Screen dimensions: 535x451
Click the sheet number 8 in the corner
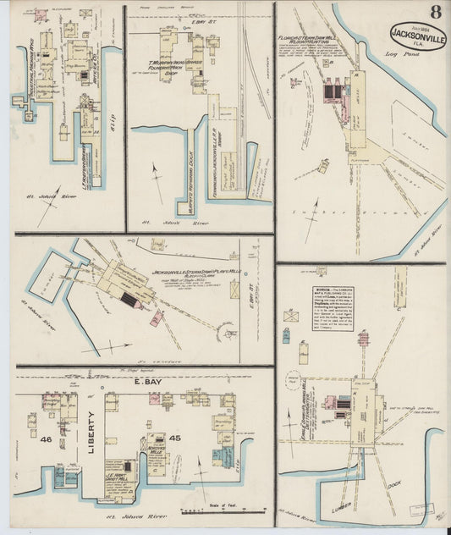coord(434,11)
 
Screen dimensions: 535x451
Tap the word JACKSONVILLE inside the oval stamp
coord(418,36)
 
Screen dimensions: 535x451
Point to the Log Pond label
coord(398,55)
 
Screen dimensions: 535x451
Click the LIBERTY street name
coord(91,432)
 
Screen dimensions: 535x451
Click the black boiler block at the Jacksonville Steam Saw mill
coord(129,300)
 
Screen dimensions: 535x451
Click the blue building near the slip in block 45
coord(218,458)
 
